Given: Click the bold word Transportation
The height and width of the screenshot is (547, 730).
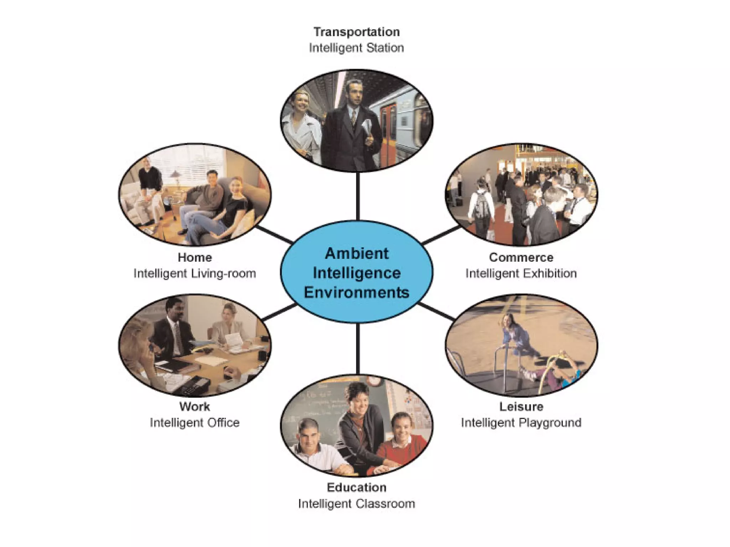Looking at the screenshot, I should click(x=356, y=32).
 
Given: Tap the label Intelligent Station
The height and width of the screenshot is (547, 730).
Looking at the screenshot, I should click(x=356, y=48).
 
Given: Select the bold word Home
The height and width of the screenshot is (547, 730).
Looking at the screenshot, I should click(x=195, y=257).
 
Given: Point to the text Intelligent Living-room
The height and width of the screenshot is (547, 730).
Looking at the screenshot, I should click(x=195, y=273).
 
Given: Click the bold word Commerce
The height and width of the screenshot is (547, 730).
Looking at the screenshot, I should click(x=521, y=257).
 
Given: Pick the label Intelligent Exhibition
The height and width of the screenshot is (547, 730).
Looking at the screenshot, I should click(x=521, y=273).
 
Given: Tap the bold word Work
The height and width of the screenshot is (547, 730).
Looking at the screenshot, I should click(x=195, y=407).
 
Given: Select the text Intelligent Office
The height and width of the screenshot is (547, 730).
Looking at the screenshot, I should click(x=195, y=423).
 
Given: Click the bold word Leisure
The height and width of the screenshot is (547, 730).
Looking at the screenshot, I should click(x=521, y=407).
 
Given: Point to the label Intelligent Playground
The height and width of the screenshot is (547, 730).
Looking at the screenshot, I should click(x=521, y=423).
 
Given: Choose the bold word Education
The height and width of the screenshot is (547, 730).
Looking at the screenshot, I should click(x=356, y=488).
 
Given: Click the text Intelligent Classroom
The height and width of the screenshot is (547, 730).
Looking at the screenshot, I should click(x=356, y=504).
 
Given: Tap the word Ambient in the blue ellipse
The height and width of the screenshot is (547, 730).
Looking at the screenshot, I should click(x=356, y=254).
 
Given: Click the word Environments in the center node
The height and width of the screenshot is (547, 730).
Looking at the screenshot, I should click(x=356, y=292).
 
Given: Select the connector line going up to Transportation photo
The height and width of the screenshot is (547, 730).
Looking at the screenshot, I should click(x=358, y=196).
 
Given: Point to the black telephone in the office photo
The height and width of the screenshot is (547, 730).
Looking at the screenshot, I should click(x=194, y=385).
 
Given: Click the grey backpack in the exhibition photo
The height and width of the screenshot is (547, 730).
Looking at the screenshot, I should click(x=481, y=207).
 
